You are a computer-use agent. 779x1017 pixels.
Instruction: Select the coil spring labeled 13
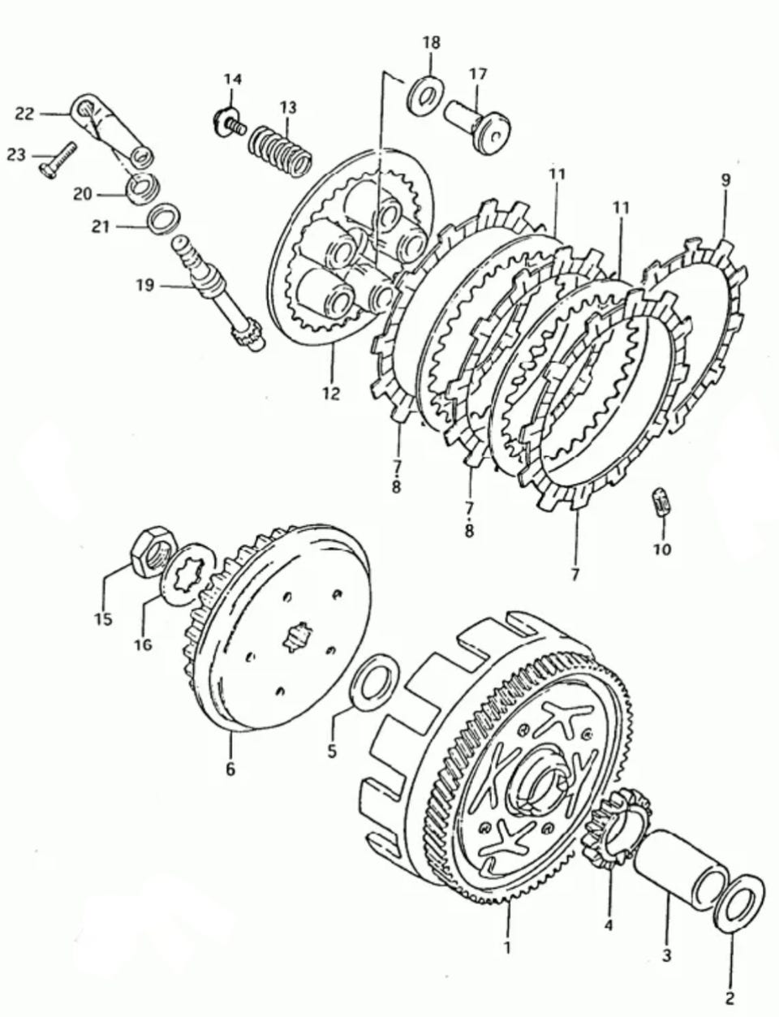pos(280,149)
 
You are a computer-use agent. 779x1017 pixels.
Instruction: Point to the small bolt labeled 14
pos(229,122)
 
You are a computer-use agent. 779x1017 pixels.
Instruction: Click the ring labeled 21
pos(164,218)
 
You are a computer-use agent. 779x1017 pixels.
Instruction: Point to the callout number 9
pos(725,181)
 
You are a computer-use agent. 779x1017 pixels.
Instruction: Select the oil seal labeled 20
pos(143,188)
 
